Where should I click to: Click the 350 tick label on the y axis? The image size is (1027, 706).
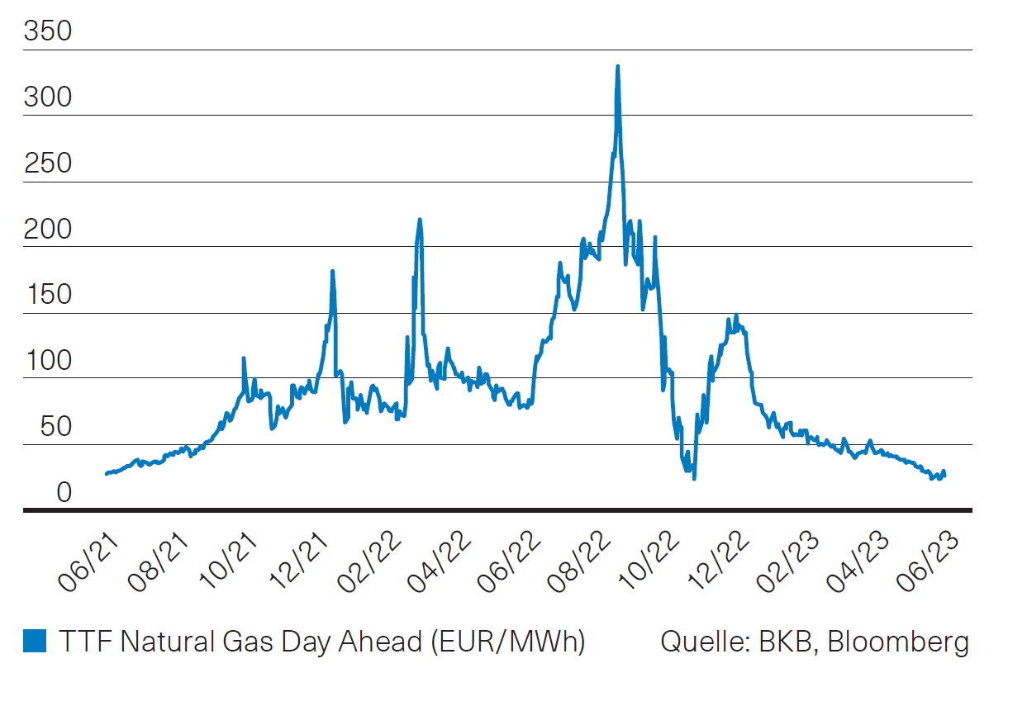coord(48,32)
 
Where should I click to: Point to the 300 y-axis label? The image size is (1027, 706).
coord(48,98)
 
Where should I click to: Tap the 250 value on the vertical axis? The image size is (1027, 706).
coord(48,164)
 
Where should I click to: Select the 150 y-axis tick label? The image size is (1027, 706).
coord(48,296)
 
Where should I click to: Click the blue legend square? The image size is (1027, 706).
coord(35,641)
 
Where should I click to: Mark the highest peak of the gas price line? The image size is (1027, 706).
coord(617,67)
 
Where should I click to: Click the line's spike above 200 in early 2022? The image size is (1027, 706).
coord(420,220)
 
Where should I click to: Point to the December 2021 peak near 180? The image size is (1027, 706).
coord(332,271)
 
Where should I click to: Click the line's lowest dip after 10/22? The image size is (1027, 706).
coord(694,478)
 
